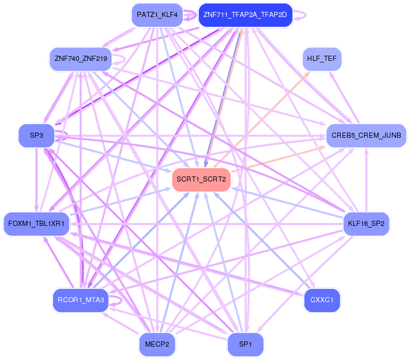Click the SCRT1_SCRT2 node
201,179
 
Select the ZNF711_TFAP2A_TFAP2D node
245,15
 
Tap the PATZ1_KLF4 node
157,15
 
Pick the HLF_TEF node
321,59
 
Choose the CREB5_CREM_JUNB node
366,136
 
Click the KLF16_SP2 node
366,224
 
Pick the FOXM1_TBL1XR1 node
36,224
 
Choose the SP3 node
36,136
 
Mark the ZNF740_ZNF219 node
81,59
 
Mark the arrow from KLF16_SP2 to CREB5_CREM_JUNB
366,181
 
